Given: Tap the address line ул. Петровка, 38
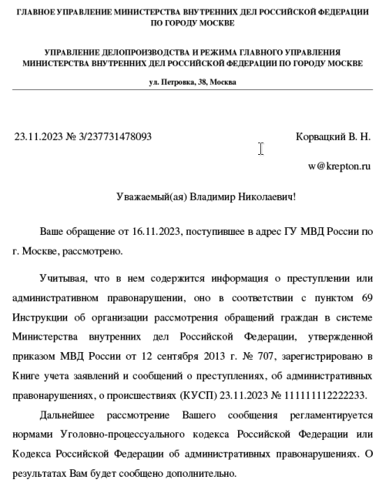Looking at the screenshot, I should pos(193,82).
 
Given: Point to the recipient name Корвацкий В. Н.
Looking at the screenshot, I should pos(333,137).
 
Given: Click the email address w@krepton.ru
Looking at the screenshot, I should pos(339,166).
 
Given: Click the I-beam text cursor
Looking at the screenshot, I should pos(261,149).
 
